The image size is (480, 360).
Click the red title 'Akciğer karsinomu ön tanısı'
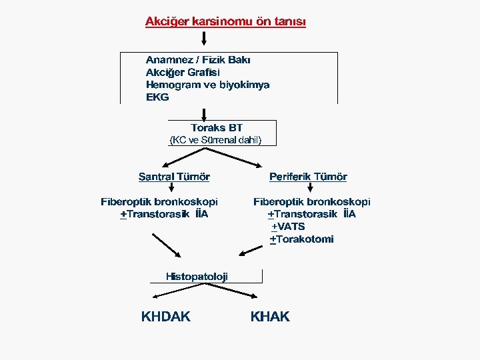(x=225, y=21)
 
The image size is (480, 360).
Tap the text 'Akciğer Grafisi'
(x=183, y=72)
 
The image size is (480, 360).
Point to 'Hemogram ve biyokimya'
(x=207, y=85)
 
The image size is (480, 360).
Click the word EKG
(x=157, y=97)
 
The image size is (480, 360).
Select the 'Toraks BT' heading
(x=217, y=127)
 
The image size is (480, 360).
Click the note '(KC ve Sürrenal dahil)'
(x=217, y=140)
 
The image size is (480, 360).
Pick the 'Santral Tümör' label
(x=174, y=177)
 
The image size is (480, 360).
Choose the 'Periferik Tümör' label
(x=308, y=177)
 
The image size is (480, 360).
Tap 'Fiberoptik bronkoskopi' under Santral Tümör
(x=159, y=201)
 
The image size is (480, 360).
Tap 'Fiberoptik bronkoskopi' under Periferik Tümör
(x=312, y=201)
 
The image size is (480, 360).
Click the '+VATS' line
(x=288, y=227)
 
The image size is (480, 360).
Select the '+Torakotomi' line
(x=301, y=239)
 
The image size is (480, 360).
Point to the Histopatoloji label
(x=197, y=276)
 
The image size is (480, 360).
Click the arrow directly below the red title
(x=203, y=41)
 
